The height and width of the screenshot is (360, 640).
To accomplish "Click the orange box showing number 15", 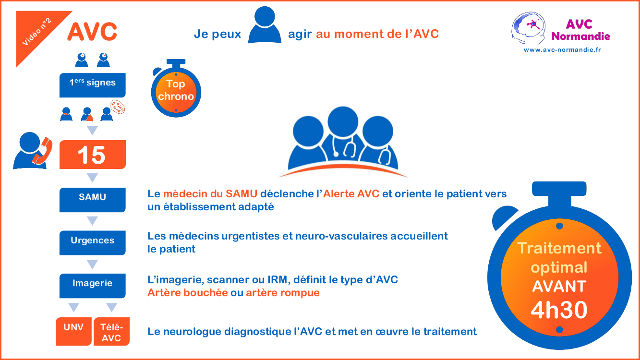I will (92, 155).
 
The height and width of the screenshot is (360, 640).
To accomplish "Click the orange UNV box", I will (73, 331).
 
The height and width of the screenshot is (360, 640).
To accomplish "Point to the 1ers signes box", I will (92, 85).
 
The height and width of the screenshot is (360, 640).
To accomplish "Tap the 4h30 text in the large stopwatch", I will (559, 310).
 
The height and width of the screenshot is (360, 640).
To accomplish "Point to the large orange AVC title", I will (92, 32).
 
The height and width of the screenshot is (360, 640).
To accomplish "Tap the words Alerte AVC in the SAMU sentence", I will (351, 194).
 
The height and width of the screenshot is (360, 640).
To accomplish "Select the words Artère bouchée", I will (187, 292).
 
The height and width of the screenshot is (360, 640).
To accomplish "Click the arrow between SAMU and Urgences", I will (92, 221).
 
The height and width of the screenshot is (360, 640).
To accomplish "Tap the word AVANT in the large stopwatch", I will (559, 287).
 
